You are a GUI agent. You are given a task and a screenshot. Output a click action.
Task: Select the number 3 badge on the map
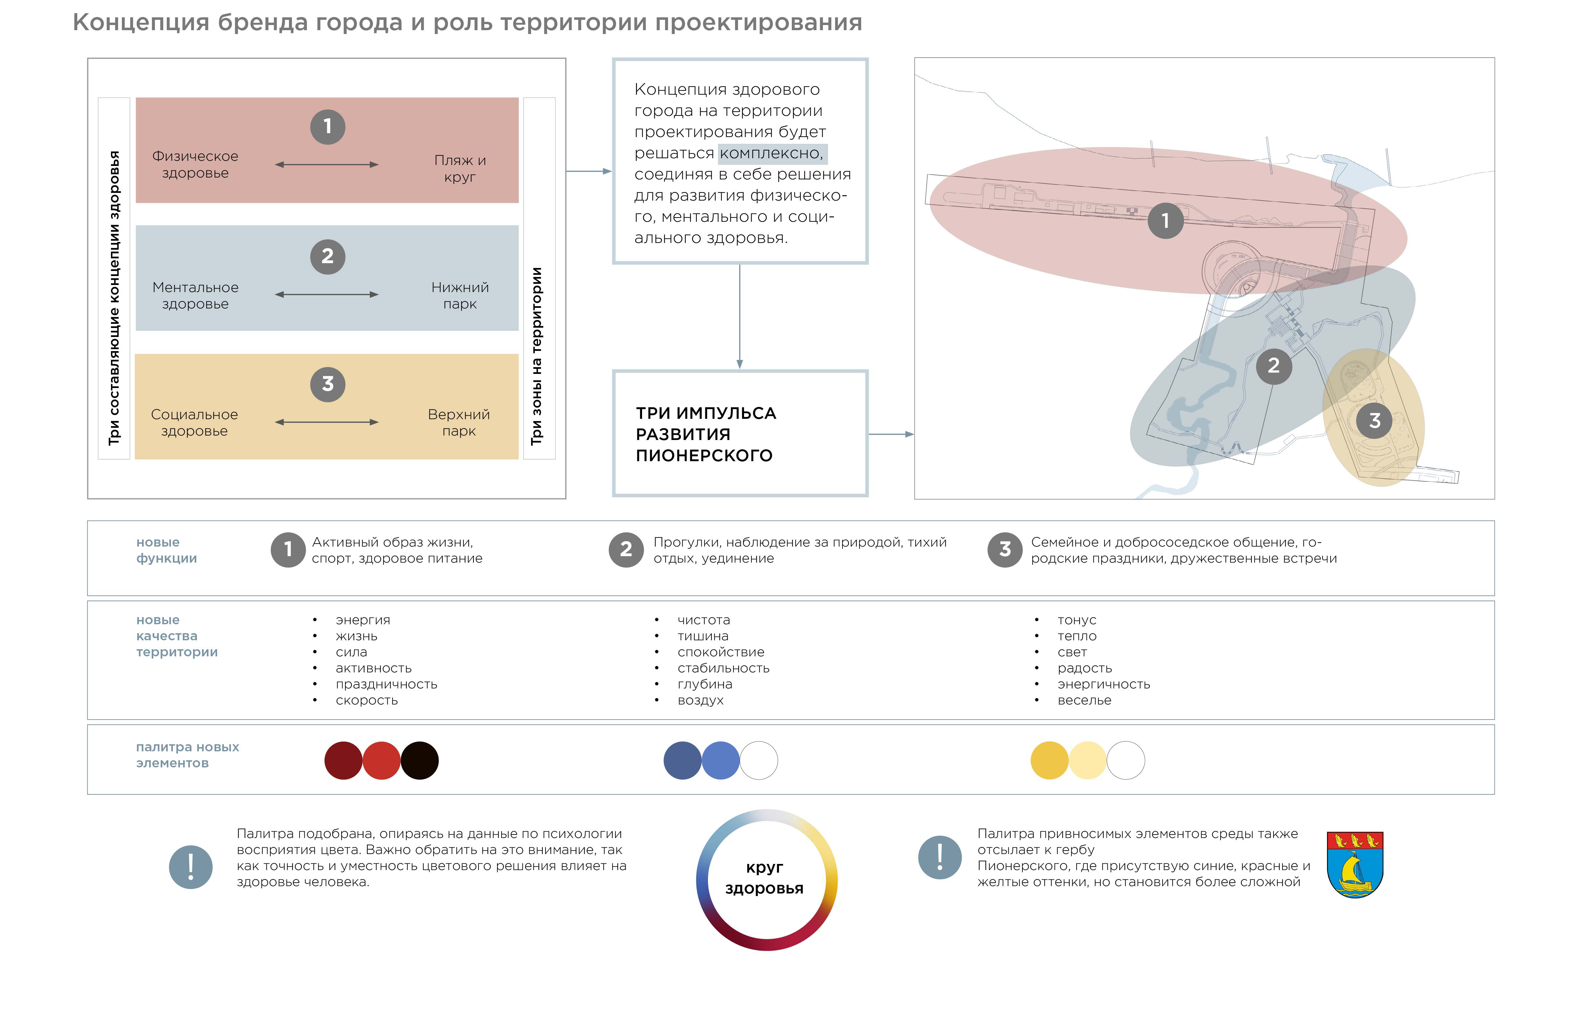[1374, 420]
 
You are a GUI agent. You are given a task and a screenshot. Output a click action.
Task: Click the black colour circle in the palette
[419, 760]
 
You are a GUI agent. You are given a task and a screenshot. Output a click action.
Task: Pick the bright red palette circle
[381, 760]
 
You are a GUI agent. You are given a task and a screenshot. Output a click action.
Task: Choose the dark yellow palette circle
[1049, 760]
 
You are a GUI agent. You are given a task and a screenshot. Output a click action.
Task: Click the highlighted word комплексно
[772, 153]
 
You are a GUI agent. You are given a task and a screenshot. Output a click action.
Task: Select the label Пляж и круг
[460, 168]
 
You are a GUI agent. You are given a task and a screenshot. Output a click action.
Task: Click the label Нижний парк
[460, 296]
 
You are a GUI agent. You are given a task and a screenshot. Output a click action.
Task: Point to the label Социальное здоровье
[194, 422]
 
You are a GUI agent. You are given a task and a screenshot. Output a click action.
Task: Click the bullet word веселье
[1084, 700]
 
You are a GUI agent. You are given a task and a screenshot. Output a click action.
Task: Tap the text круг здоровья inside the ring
[765, 878]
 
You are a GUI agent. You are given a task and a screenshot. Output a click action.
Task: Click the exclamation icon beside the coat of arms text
[940, 857]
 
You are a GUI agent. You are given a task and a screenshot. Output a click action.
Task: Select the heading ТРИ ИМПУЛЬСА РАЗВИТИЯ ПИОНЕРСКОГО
[706, 434]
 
